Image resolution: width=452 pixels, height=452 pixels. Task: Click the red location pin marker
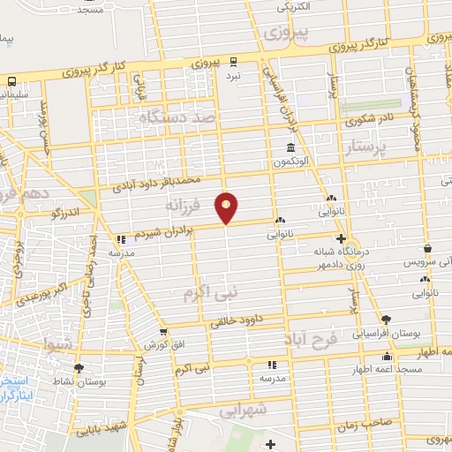click(x=227, y=206)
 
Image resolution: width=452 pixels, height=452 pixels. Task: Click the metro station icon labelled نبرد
click(x=233, y=61)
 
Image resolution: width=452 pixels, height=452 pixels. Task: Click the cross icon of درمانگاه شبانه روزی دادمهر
click(x=342, y=238)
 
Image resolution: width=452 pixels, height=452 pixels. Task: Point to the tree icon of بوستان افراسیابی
click(x=384, y=320)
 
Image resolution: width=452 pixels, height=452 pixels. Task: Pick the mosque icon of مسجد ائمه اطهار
click(x=386, y=357)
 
